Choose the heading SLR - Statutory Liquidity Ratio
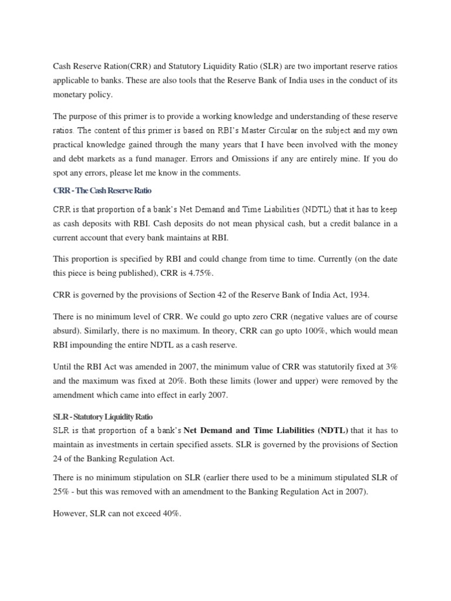tap(103, 417)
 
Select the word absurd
tap(71, 331)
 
